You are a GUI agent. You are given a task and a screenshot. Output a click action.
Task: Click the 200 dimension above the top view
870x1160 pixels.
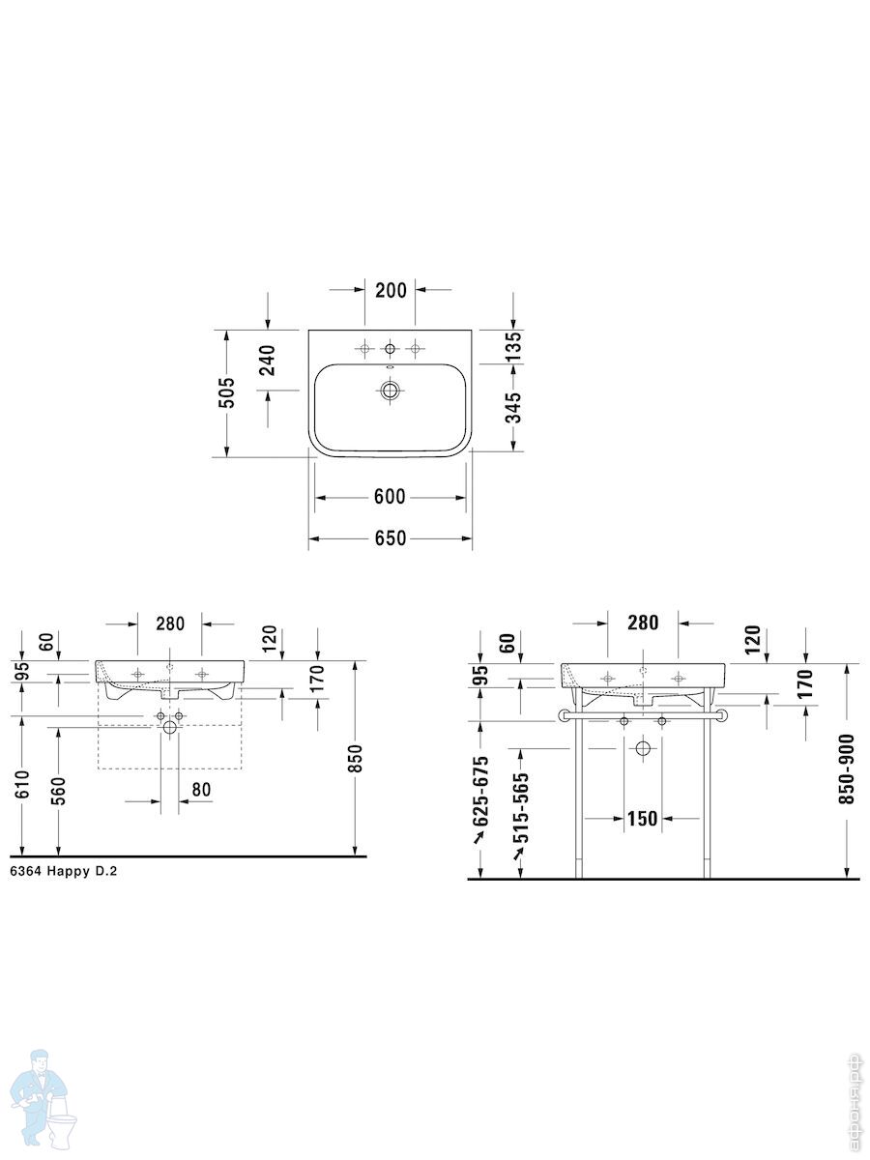pyautogui.click(x=391, y=290)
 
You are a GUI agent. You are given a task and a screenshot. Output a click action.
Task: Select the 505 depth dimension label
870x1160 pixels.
pyautogui.click(x=227, y=392)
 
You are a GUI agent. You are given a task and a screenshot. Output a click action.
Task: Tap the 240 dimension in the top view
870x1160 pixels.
pyautogui.click(x=269, y=360)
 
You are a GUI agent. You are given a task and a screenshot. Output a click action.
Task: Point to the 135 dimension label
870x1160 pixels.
pyautogui.click(x=513, y=346)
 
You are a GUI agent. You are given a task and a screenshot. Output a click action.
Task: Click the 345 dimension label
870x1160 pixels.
pyautogui.click(x=513, y=408)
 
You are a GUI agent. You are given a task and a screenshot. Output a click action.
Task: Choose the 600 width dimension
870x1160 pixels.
pyautogui.click(x=390, y=497)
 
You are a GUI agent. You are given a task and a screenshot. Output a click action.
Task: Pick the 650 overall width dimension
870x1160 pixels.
pyautogui.click(x=391, y=538)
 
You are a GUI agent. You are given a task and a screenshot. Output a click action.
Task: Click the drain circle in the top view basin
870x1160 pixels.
pyautogui.click(x=390, y=391)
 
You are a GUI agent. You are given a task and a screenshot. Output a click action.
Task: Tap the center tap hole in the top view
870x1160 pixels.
pyautogui.click(x=390, y=348)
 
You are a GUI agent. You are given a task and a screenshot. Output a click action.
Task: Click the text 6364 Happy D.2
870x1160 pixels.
pyautogui.click(x=64, y=872)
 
